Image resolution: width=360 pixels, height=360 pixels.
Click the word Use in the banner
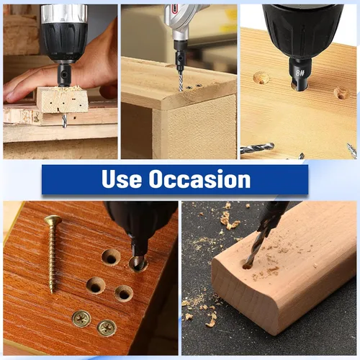tap(122, 179)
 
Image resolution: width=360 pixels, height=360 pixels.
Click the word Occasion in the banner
tap(199, 179)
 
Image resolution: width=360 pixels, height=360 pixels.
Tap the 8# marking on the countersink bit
tap(300, 73)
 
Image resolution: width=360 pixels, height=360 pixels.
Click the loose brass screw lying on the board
tap(53, 253)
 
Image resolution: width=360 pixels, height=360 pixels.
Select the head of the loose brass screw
tap(53, 220)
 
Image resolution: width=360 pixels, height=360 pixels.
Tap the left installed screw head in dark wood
tap(81, 319)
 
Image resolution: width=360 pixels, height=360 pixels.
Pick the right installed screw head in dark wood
tap(107, 328)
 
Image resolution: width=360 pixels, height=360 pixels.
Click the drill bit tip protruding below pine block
tap(64, 121)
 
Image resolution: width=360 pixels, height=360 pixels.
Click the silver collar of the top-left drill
tap(64, 14)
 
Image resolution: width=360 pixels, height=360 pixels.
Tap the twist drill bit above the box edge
tap(181, 81)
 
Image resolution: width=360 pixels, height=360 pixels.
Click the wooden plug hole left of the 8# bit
tap(261, 78)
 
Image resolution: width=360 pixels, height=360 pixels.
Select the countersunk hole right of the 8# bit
tap(342, 93)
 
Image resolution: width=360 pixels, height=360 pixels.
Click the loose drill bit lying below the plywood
tap(258, 148)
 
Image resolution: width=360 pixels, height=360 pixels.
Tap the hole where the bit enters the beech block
tap(247, 265)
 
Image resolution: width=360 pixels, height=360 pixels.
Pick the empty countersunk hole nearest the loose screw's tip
tap(96, 286)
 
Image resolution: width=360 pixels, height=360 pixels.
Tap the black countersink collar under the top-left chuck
tap(64, 75)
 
